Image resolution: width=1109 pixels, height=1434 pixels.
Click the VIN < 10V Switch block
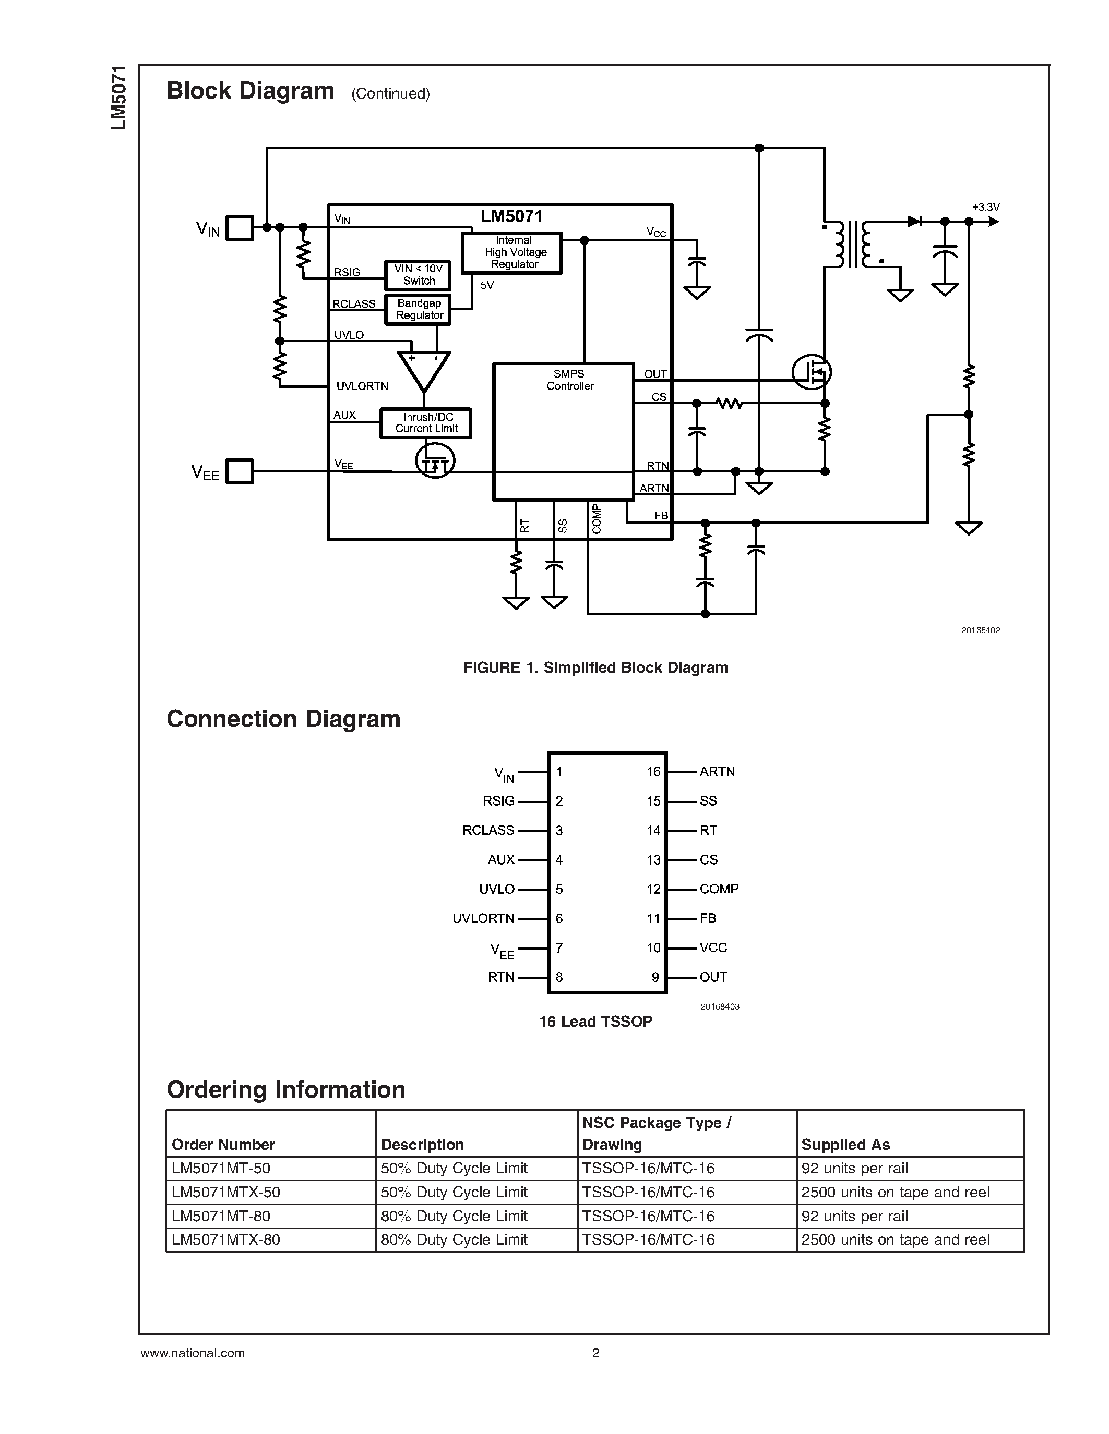[418, 275]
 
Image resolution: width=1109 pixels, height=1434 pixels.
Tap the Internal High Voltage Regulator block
[512, 252]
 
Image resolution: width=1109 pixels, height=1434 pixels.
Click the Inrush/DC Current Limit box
[426, 423]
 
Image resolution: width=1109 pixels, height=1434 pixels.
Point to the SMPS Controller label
[569, 380]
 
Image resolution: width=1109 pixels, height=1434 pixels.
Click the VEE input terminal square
[240, 471]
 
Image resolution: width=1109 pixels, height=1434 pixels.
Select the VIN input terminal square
[240, 228]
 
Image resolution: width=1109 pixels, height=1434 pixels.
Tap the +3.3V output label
[985, 208]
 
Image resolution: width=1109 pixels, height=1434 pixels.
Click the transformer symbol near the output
[853, 244]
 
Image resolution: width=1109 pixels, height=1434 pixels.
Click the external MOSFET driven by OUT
[812, 372]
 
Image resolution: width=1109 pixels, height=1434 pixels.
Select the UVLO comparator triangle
[424, 370]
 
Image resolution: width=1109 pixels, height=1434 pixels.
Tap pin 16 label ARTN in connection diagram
[717, 772]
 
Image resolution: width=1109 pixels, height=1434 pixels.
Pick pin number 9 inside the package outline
[655, 977]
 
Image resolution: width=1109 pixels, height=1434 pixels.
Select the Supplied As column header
[845, 1145]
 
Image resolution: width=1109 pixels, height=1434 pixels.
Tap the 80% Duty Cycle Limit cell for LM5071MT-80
[454, 1216]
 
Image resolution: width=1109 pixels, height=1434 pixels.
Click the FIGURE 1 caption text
[595, 668]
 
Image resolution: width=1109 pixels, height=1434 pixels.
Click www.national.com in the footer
[193, 1353]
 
